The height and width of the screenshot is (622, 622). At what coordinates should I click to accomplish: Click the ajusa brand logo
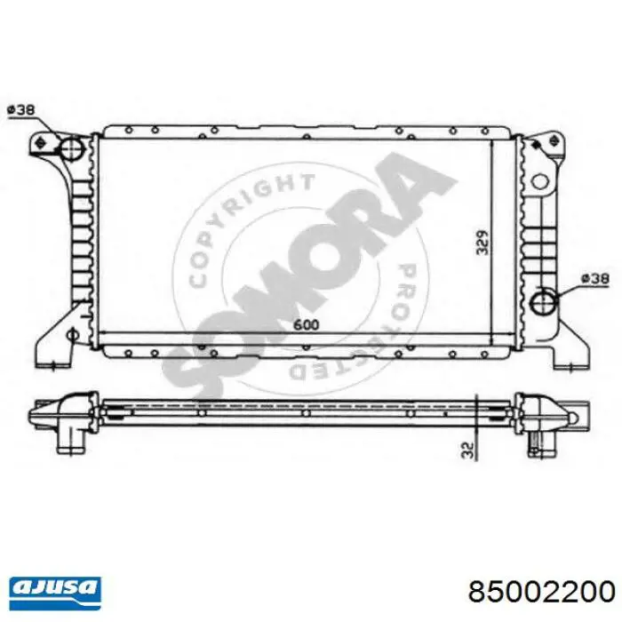pos(55,593)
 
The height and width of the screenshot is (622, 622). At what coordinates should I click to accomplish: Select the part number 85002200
pos(541,593)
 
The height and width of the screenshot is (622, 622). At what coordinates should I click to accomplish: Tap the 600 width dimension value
pos(306,325)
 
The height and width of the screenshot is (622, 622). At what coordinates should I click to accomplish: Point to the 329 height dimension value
pos(482,242)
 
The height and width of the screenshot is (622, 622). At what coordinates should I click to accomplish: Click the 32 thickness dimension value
pos(468,450)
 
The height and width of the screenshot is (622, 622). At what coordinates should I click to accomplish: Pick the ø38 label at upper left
pos(21,109)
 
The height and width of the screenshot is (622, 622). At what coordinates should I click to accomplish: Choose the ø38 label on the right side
pos(594,278)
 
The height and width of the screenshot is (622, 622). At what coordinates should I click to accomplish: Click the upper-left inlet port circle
pos(71,148)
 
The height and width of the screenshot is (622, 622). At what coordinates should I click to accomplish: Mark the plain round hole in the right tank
pos(539,181)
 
